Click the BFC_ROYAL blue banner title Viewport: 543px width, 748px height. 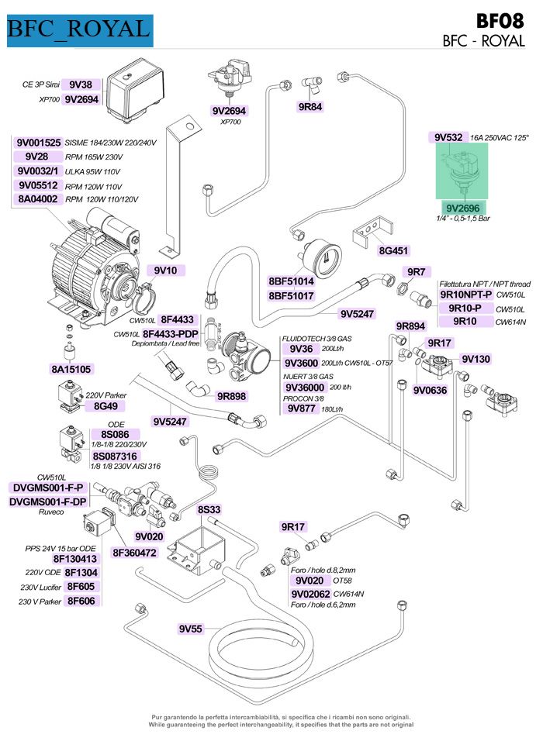click(78, 29)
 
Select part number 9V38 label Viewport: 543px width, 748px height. click(80, 84)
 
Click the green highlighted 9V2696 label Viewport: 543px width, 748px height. click(463, 208)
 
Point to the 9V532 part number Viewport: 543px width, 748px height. click(448, 137)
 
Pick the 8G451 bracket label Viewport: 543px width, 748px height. click(393, 250)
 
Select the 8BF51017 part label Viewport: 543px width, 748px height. click(291, 295)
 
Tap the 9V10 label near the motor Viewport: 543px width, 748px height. click(165, 270)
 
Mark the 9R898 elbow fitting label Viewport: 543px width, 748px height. click(231, 396)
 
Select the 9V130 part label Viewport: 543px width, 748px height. click(476, 359)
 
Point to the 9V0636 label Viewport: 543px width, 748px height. click(430, 390)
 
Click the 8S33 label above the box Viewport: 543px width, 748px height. click(209, 509)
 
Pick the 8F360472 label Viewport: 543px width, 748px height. click(134, 553)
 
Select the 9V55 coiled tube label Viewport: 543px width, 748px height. click(190, 629)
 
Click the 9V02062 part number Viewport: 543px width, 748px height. click(309, 593)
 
